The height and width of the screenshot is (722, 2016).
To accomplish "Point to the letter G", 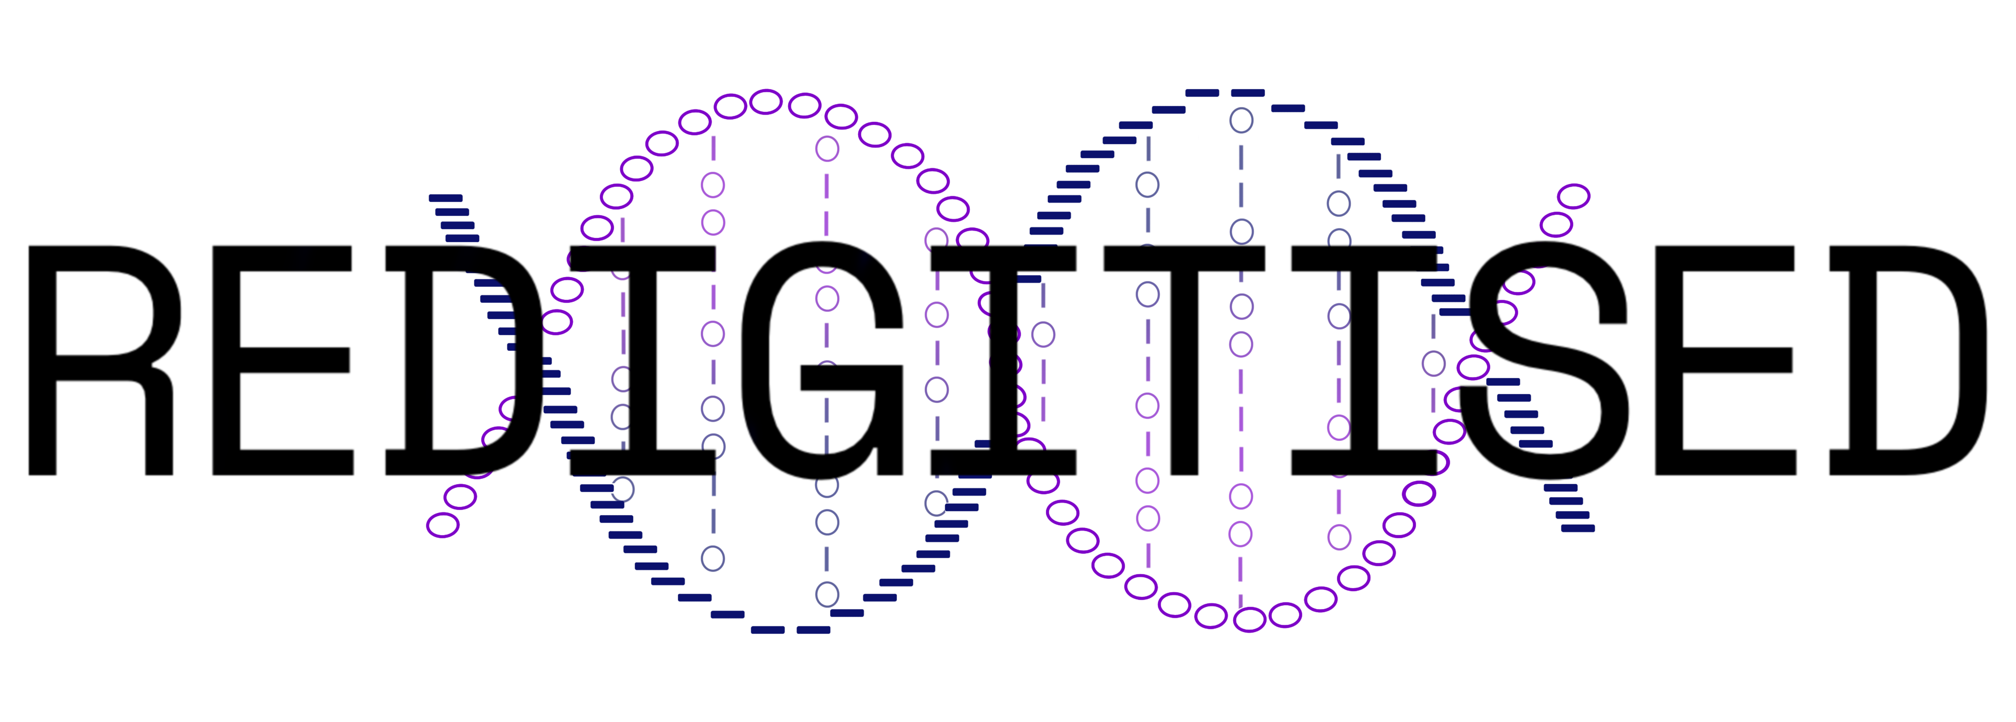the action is click(822, 360).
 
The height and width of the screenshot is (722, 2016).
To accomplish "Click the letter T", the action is click(1184, 360).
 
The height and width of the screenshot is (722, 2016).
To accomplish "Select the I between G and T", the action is click(1003, 360).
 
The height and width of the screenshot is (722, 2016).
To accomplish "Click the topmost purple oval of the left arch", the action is click(766, 102).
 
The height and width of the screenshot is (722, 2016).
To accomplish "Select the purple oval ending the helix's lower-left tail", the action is click(443, 525).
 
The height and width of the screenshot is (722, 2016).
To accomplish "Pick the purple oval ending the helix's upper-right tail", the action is click(1573, 197).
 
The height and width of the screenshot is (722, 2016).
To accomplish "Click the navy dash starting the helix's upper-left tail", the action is click(445, 198).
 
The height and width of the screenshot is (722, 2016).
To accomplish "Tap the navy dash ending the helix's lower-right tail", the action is click(1578, 529).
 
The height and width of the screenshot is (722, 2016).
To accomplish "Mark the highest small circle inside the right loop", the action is click(1241, 121).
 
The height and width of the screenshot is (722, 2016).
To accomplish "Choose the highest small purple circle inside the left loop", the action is click(827, 149).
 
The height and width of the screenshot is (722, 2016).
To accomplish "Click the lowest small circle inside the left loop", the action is click(827, 594).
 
